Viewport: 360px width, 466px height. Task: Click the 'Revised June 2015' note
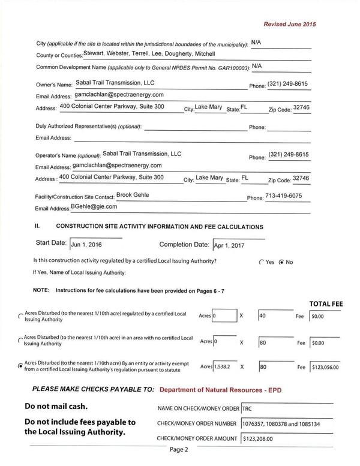pyautogui.click(x=290, y=24)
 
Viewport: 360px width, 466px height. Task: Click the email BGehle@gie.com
pyautogui.click(x=94, y=207)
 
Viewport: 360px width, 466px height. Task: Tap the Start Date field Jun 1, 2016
pyautogui.click(x=95, y=245)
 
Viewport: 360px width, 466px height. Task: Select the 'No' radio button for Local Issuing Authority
pyautogui.click(x=281, y=262)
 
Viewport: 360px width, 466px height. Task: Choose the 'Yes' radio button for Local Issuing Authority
pyautogui.click(x=261, y=262)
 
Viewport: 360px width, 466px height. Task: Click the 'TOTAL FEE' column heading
pyautogui.click(x=325, y=304)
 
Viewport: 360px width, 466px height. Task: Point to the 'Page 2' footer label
pyautogui.click(x=179, y=449)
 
